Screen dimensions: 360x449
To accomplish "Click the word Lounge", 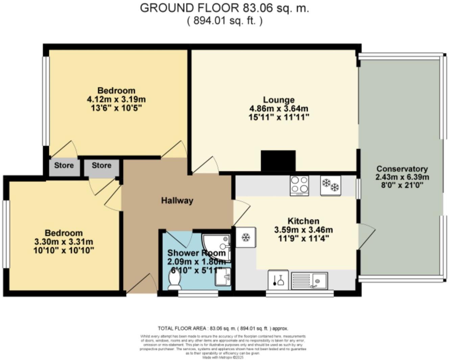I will point(279,100).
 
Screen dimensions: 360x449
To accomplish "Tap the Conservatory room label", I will point(402,169).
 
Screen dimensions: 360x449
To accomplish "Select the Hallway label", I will point(177,201).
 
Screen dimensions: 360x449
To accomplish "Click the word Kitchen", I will point(303,221).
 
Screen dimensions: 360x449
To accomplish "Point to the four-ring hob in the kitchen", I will point(299,185).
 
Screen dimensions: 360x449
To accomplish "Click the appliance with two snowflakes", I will point(330,185).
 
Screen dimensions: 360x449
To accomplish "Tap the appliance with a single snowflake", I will point(245,238).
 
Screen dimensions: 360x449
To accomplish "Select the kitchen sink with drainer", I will point(309,280).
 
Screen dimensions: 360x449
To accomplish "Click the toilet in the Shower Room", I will point(174,281).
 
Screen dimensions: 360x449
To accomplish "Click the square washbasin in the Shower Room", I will point(223,277).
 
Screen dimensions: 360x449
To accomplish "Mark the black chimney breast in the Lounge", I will point(278,161).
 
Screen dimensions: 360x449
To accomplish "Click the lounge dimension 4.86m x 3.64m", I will point(279,109).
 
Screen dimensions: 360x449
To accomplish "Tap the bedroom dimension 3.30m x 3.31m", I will point(64,242).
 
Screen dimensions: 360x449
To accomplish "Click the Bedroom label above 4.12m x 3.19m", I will point(116,91).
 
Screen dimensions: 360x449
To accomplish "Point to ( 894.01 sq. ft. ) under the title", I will point(224,21).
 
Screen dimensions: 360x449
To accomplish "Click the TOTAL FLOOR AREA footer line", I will point(223,328).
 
